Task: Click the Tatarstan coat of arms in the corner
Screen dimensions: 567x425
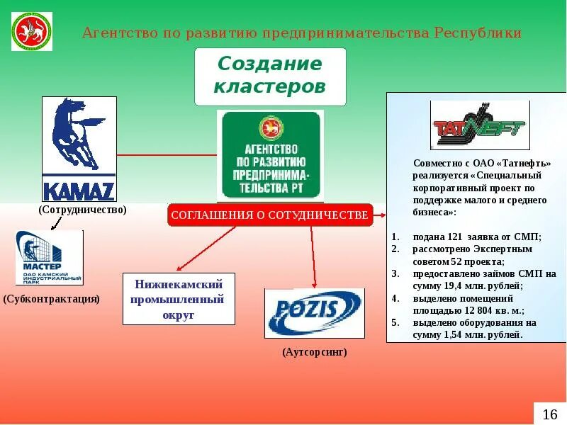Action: point(31,31)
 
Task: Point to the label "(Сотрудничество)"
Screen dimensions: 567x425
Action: point(83,210)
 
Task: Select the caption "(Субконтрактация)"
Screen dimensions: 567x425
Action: point(52,299)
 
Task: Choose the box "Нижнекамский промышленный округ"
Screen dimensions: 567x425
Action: point(179,299)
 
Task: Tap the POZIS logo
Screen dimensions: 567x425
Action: point(314,312)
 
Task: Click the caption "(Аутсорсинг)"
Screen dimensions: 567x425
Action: point(314,351)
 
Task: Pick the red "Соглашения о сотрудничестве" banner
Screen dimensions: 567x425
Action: point(270,215)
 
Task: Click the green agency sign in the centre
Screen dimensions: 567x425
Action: point(270,155)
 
